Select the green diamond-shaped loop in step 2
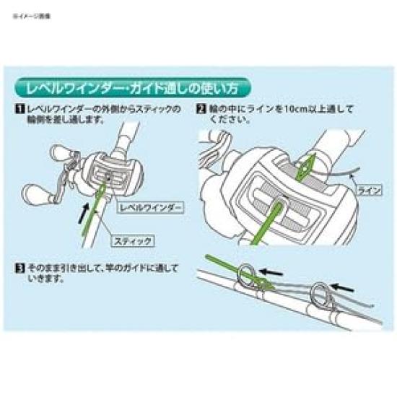click(x=306, y=165)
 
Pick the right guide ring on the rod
click(x=320, y=294)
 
